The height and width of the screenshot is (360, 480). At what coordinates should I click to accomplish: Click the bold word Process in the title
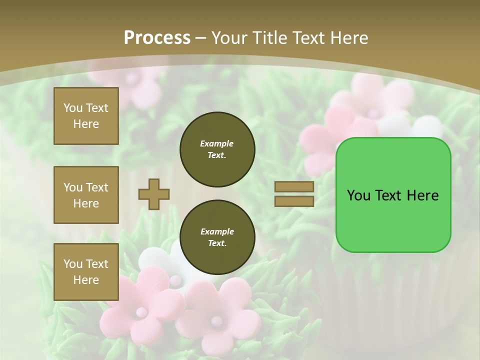tap(157, 37)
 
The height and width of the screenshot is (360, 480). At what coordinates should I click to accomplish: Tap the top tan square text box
tap(86, 116)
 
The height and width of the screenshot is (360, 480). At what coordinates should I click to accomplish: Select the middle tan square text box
tap(86, 195)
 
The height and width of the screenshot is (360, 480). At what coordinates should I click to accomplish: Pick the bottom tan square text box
tap(86, 272)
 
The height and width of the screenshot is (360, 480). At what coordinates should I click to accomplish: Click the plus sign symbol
tap(154, 194)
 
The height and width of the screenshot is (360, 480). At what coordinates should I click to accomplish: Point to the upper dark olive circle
tap(217, 149)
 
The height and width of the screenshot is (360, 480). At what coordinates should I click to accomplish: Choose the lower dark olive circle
tap(217, 237)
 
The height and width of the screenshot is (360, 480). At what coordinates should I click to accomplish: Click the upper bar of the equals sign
tap(294, 187)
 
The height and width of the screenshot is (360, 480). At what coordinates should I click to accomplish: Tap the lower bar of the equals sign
tap(294, 201)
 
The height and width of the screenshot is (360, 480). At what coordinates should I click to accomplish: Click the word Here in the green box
tap(422, 195)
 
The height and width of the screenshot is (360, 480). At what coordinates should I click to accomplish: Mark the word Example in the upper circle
tap(217, 143)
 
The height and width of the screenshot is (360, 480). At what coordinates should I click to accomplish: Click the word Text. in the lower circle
tap(217, 243)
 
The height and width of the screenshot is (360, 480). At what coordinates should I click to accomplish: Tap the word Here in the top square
tap(86, 124)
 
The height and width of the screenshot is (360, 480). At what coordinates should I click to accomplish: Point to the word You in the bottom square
tap(73, 264)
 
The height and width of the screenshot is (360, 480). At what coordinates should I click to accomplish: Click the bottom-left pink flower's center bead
tap(141, 312)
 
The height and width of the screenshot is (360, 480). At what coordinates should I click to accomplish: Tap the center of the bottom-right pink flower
tap(216, 320)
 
